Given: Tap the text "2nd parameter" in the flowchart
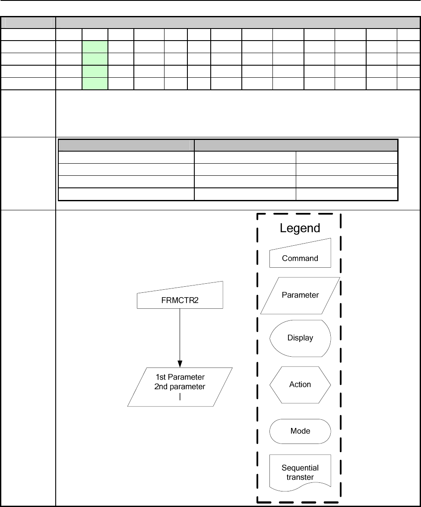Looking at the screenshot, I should [x=180, y=387].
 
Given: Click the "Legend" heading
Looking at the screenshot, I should [x=300, y=228].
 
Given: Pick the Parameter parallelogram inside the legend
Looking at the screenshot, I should [x=300, y=295].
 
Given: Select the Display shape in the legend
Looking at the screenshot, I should [x=300, y=338].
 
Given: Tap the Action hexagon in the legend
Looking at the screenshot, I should [x=300, y=384].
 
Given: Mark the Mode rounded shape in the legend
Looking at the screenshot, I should [x=300, y=431].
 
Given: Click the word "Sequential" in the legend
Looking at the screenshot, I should [x=300, y=468].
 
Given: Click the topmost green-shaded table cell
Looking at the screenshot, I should [x=95, y=47].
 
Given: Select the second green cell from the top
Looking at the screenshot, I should [x=95, y=59].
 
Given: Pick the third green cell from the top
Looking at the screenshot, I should [x=95, y=71].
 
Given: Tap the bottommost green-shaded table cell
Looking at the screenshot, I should [x=95, y=83].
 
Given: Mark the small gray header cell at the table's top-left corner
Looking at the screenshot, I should [x=28, y=23].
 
